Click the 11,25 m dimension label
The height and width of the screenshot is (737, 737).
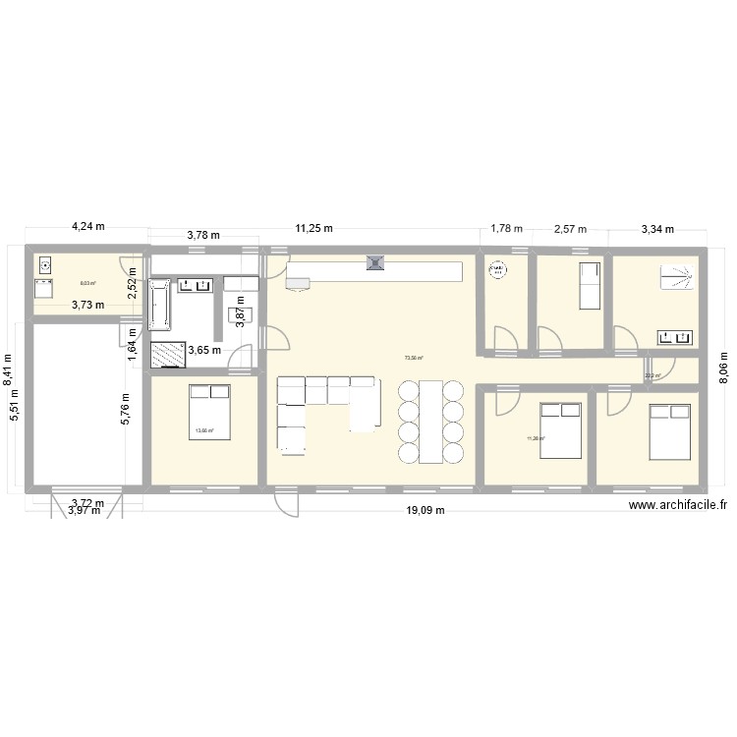(314, 228)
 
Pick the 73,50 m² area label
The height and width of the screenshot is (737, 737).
(413, 359)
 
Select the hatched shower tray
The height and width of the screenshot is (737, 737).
(168, 354)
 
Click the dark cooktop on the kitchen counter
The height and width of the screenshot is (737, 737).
(374, 262)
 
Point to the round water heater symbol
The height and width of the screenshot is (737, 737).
(497, 268)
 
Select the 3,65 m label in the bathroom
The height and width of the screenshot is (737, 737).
(204, 349)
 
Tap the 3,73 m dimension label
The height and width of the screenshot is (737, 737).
(88, 304)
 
